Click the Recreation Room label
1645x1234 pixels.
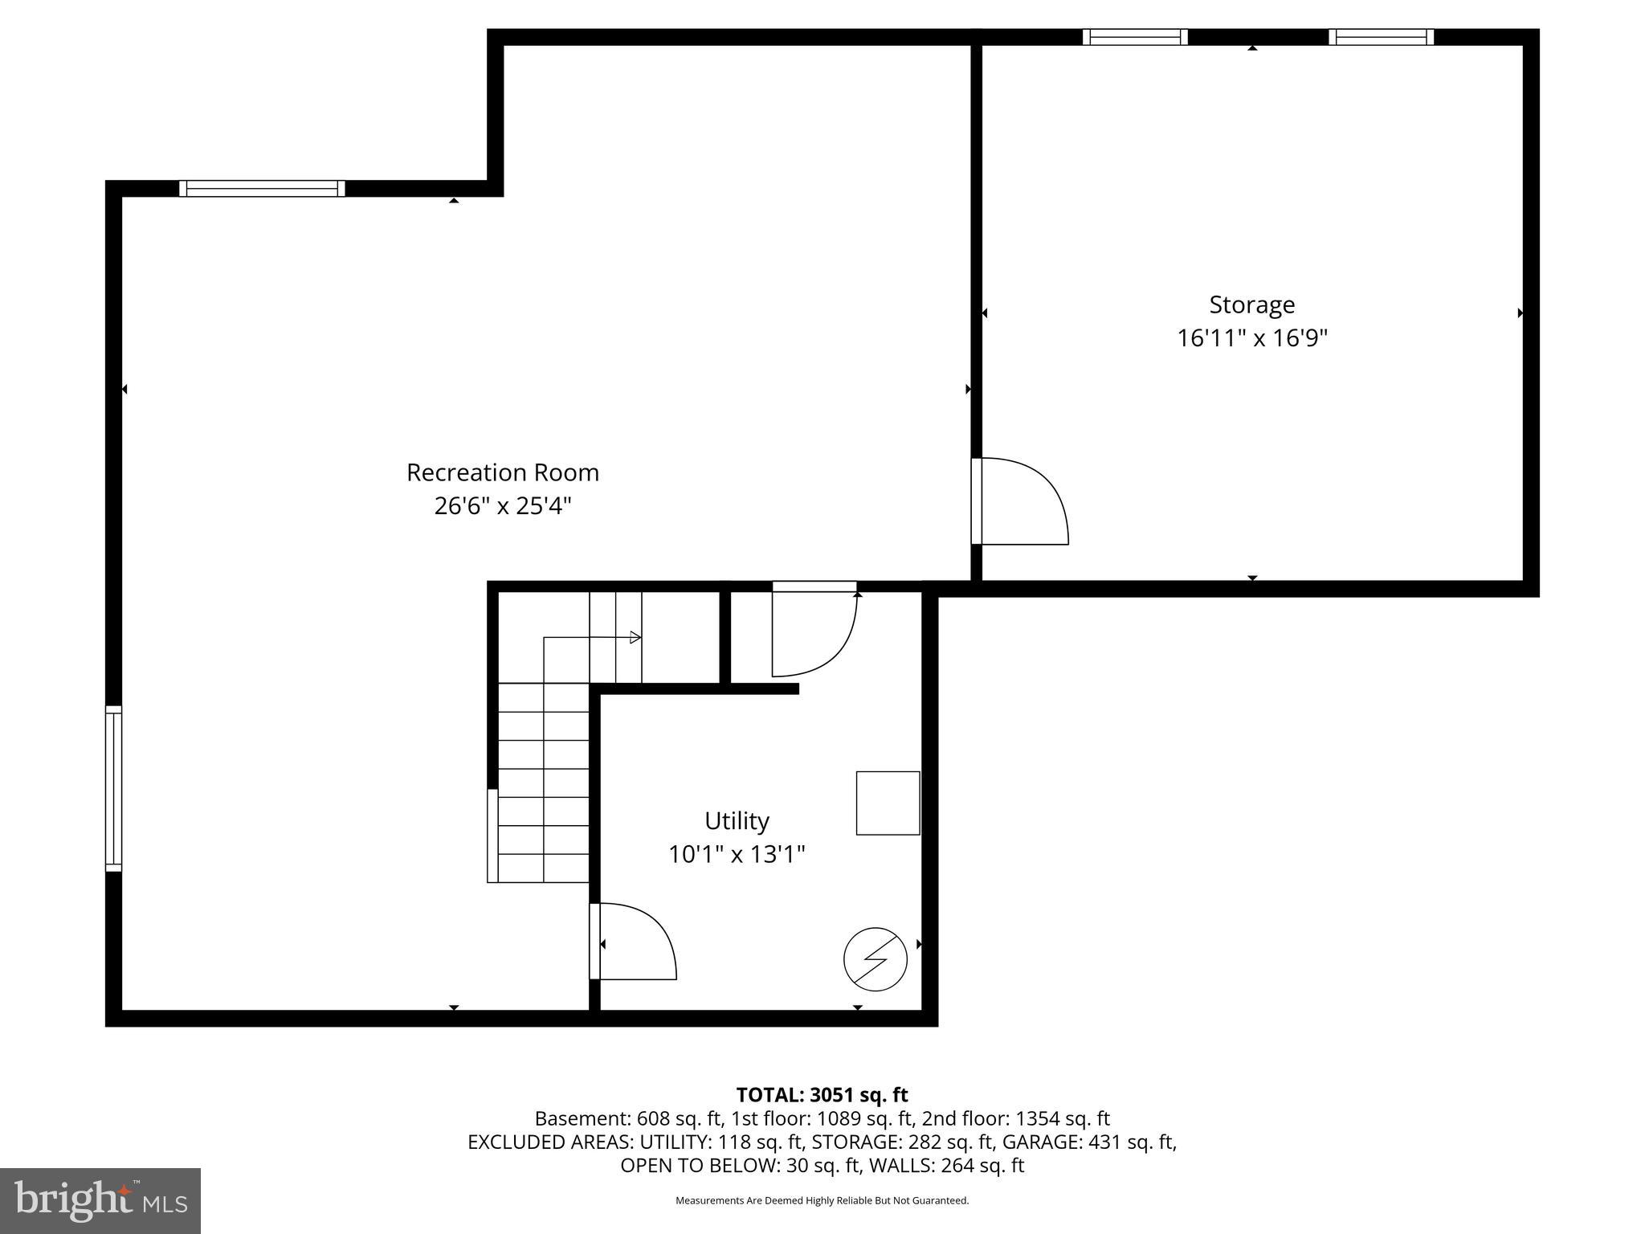[503, 472]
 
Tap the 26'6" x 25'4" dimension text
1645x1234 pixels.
[503, 506]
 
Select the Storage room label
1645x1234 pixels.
[1251, 304]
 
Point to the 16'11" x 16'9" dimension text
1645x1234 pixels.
[1251, 338]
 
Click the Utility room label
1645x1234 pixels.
[737, 820]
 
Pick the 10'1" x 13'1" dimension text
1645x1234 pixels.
[737, 854]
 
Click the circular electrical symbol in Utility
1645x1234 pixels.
[875, 959]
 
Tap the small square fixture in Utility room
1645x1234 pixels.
[888, 803]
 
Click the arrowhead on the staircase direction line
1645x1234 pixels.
[635, 637]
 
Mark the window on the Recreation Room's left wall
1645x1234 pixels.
[113, 788]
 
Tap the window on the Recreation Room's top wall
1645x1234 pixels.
[262, 188]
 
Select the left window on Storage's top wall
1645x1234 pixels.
[1134, 37]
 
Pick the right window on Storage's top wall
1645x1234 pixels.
[1381, 37]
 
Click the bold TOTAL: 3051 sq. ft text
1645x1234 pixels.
[822, 1095]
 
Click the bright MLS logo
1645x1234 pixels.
[100, 1201]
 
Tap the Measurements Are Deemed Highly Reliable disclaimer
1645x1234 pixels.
[822, 1200]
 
